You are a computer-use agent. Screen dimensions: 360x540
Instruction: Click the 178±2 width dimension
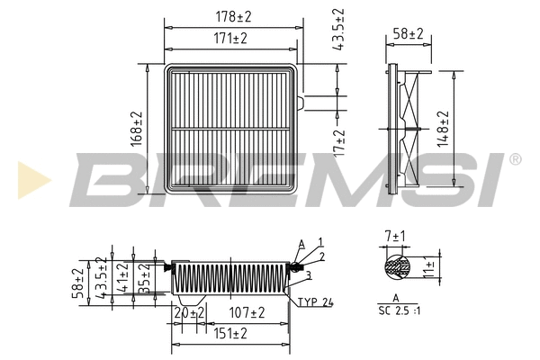coord(232,17)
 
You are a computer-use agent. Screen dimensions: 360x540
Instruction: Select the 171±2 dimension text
coord(232,39)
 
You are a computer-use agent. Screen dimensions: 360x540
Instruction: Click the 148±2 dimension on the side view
coord(443,128)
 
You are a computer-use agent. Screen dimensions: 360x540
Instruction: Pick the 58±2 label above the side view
coord(409,33)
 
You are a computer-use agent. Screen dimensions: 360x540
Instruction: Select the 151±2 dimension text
coord(231,333)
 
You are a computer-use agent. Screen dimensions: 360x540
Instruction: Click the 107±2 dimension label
coord(246,312)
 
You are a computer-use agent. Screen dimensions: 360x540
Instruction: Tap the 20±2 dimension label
coord(189,312)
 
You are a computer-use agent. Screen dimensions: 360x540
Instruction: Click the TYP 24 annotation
coord(316,302)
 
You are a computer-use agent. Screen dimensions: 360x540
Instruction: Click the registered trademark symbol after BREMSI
coord(515,159)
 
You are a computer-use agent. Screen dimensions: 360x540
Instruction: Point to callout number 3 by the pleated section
coord(308,274)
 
